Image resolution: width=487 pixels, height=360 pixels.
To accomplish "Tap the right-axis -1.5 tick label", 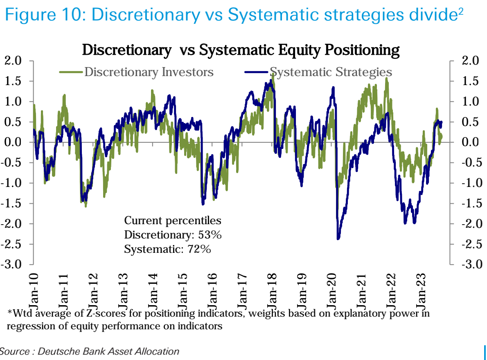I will click(467, 204).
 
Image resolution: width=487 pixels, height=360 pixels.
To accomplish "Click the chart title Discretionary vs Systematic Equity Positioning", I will click(241, 50).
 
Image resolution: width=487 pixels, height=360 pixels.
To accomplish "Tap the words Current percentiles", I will click(172, 221).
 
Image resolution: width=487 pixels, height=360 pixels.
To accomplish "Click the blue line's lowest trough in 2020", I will click(338, 239).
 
